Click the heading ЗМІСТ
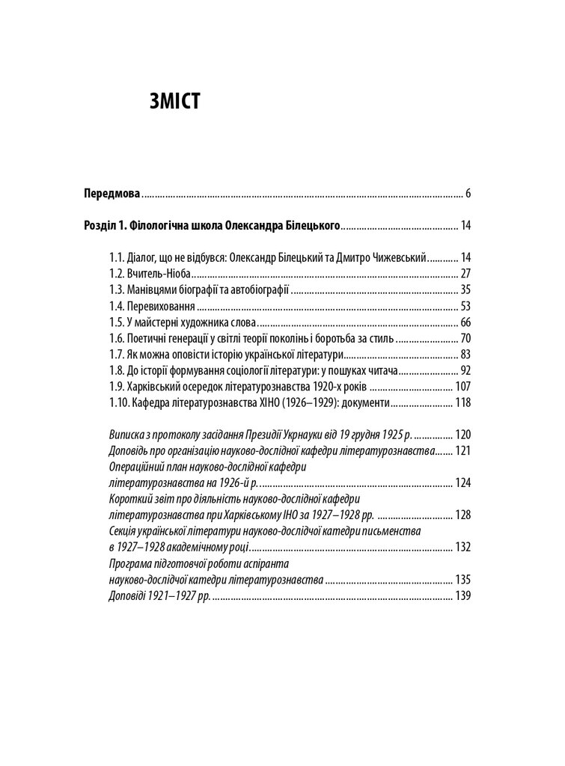point(174,100)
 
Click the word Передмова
point(112,193)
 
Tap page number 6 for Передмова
point(467,193)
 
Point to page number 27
point(465,273)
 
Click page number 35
point(465,289)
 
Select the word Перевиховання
point(158,306)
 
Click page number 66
point(465,322)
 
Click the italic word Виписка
point(127,435)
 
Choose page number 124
point(462,482)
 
